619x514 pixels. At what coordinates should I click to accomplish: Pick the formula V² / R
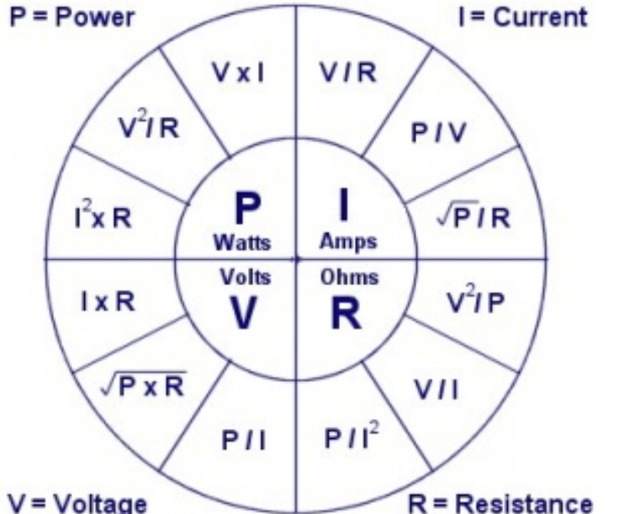click(148, 130)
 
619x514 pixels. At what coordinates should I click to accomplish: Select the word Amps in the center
click(348, 242)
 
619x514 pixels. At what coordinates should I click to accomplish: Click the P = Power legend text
click(72, 18)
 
